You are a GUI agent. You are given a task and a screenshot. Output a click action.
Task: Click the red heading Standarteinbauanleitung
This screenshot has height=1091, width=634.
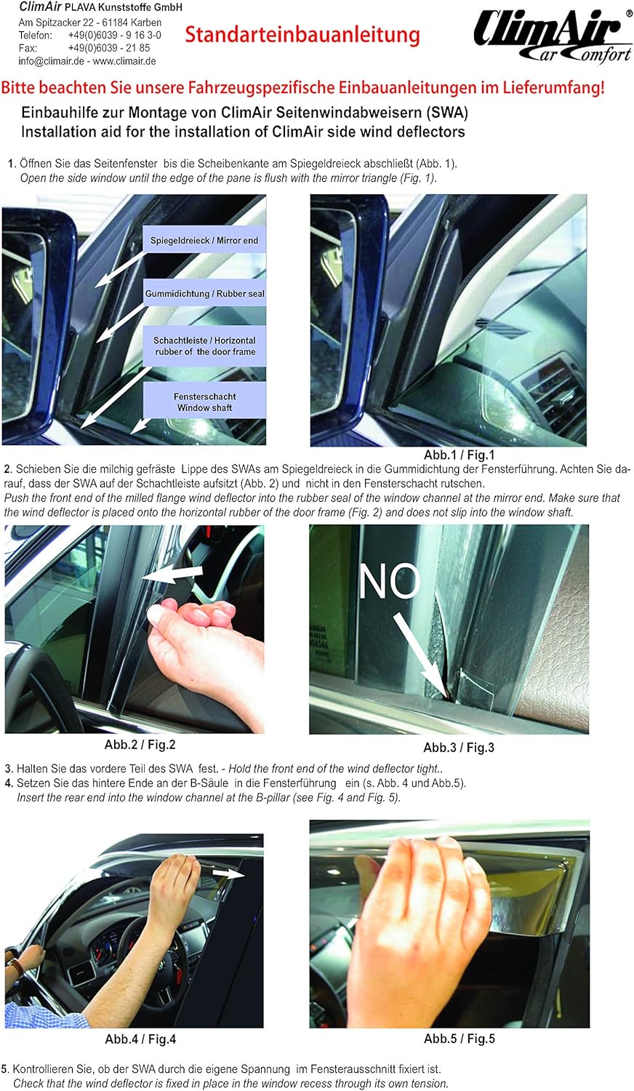[x=302, y=34]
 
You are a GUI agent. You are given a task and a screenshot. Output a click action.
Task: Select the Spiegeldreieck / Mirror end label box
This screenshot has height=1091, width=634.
[x=204, y=240]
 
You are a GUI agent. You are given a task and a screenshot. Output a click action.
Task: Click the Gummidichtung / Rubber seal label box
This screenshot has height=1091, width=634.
[x=204, y=294]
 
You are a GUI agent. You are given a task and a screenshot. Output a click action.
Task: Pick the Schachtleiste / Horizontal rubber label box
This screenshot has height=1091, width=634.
[x=204, y=345]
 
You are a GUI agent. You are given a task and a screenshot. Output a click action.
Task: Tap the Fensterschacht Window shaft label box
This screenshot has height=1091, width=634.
[x=204, y=401]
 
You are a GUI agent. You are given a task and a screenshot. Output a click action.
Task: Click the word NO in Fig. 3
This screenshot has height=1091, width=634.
[x=390, y=581]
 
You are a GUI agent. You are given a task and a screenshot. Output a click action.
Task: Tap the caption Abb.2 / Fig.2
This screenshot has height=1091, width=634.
[x=140, y=744]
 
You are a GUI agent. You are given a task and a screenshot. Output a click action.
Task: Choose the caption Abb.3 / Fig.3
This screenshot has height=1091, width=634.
[x=458, y=747]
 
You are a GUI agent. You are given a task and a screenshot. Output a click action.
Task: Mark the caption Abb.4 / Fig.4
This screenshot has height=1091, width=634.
[x=140, y=1039]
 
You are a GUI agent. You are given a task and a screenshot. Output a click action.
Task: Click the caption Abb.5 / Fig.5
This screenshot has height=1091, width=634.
[x=459, y=1038]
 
